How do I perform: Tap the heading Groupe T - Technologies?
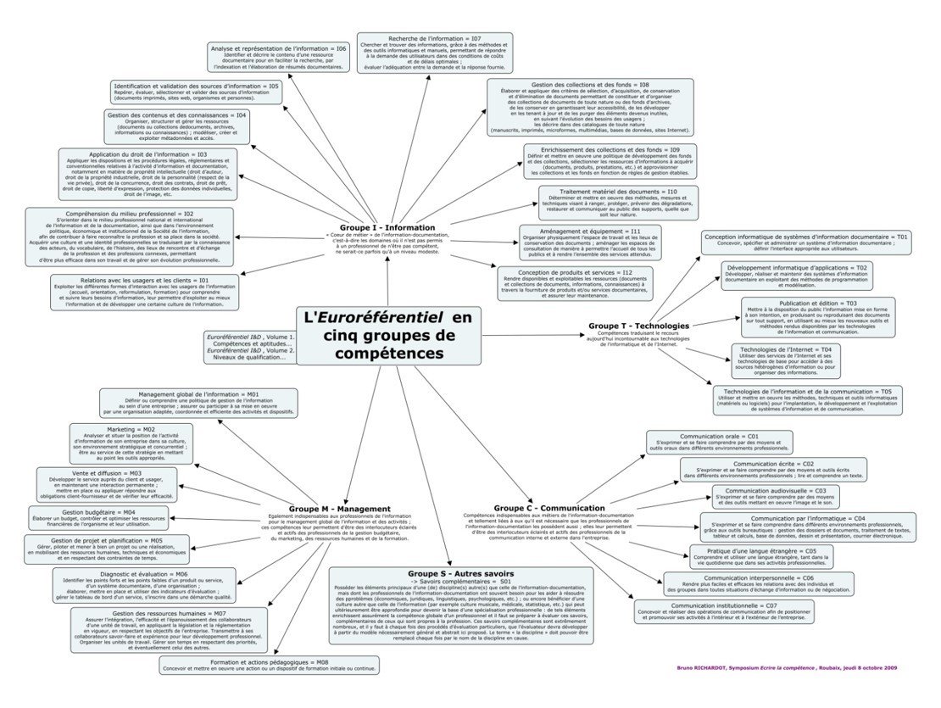pos(632,326)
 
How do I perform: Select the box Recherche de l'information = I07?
pos(434,53)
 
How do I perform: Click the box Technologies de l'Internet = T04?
pos(785,360)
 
